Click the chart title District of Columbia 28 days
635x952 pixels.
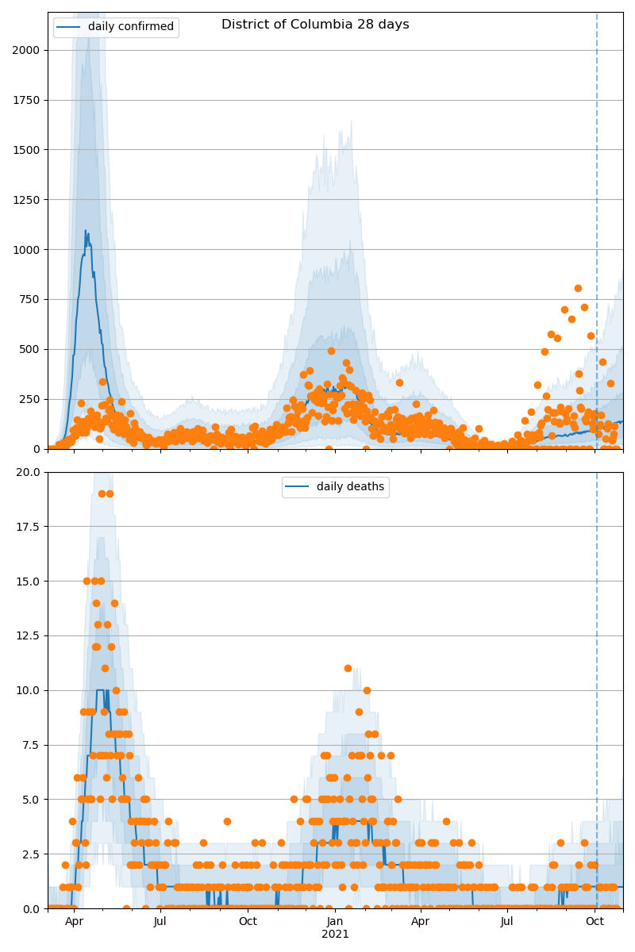pyautogui.click(x=315, y=25)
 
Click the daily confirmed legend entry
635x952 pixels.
pyautogui.click(x=117, y=27)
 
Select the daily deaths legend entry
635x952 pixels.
pyautogui.click(x=336, y=487)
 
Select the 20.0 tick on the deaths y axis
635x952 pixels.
pyautogui.click(x=29, y=472)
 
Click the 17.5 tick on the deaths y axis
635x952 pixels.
pyautogui.click(x=29, y=527)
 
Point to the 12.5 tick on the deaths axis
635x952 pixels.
pyautogui.click(x=29, y=636)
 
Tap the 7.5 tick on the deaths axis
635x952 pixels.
pyautogui.click(x=32, y=745)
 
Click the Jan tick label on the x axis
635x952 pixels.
pyautogui.click(x=335, y=921)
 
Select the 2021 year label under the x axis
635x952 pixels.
pyautogui.click(x=335, y=935)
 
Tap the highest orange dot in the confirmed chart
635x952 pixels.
pyautogui.click(x=578, y=289)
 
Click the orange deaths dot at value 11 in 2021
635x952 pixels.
pyautogui.click(x=348, y=668)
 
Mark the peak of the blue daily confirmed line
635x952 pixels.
pyautogui.click(x=86, y=231)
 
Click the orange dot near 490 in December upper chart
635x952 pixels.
pyautogui.click(x=331, y=351)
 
